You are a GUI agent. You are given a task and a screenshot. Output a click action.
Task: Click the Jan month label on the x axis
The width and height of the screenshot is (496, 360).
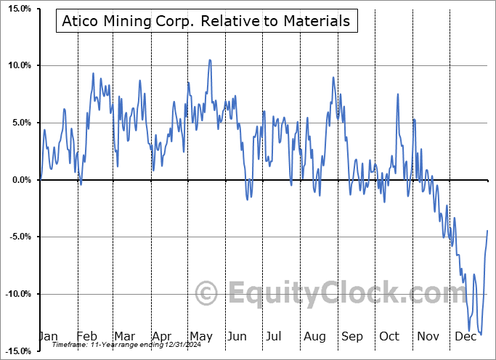[x=48, y=337]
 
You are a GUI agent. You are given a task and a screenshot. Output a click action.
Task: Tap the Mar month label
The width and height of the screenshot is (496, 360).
[x=124, y=337]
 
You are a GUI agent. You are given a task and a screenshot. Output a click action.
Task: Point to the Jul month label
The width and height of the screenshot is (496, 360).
[x=274, y=337]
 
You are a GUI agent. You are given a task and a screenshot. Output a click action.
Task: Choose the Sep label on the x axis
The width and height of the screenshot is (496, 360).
[x=351, y=337]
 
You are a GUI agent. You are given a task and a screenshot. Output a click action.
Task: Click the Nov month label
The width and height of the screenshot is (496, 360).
[x=428, y=337]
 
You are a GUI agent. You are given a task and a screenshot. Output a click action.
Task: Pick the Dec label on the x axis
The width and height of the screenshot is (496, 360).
[x=465, y=337]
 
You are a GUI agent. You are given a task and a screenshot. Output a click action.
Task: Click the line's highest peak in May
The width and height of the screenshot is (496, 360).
[x=210, y=60]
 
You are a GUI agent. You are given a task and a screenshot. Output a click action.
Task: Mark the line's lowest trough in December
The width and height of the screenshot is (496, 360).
[x=481, y=335]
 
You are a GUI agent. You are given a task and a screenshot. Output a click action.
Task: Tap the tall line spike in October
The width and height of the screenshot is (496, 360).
[x=398, y=94]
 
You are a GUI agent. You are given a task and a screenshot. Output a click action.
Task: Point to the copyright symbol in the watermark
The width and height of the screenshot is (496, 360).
[x=207, y=294]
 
